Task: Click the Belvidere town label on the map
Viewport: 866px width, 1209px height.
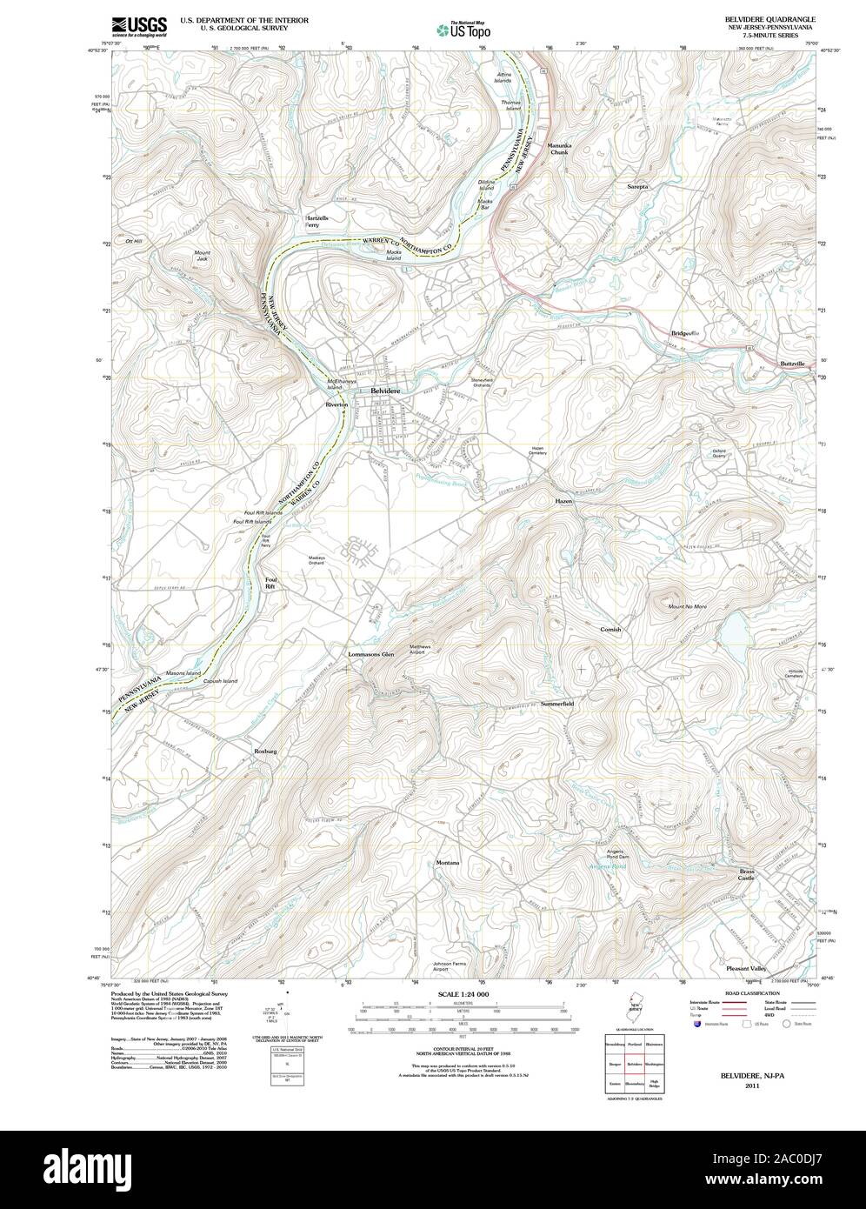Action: tap(386, 392)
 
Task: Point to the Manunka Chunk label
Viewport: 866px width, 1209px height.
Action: tap(557, 149)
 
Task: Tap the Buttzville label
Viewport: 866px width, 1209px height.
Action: tap(793, 363)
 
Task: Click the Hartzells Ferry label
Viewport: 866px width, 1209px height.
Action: tap(317, 221)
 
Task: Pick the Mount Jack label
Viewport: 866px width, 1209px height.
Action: tap(202, 256)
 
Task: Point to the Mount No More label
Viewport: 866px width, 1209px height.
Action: tap(687, 606)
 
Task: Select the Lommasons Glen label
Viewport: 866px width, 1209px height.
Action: tap(370, 654)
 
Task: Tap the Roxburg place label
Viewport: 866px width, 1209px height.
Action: tap(264, 750)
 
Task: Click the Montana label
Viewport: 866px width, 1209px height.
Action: tap(448, 862)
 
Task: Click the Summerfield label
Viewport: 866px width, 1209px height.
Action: tap(557, 702)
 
